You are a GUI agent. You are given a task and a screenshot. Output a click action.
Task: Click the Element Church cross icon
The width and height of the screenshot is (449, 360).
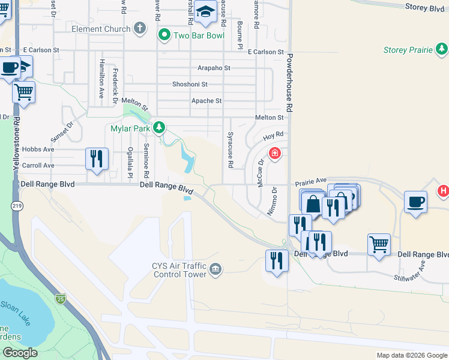[140, 28]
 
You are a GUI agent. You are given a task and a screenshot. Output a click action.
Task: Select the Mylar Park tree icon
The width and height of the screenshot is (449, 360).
[159, 127]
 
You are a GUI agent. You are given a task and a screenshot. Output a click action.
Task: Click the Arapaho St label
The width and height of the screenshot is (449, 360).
[210, 68]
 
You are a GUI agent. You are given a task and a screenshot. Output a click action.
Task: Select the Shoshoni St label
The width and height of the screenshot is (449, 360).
[190, 85]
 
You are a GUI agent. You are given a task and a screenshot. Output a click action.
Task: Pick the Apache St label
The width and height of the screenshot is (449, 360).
[206, 101]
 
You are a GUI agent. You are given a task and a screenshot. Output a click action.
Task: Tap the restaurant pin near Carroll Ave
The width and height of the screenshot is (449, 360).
[97, 159]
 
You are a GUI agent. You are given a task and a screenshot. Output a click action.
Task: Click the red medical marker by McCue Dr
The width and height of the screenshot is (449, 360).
[275, 154]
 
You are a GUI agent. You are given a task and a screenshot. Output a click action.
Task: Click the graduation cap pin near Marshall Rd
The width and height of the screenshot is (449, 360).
[205, 12]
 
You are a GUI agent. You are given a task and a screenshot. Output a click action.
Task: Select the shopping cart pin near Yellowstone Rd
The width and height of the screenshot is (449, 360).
[23, 93]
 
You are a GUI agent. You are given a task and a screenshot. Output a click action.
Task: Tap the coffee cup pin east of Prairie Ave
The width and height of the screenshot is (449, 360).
[415, 202]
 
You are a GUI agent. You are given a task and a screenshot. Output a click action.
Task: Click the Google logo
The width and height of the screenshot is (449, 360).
[20, 353]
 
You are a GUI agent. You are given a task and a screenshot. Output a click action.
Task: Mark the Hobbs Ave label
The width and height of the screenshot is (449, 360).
[39, 149]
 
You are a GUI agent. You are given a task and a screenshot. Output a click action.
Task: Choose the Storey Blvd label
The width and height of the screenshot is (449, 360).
[424, 8]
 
